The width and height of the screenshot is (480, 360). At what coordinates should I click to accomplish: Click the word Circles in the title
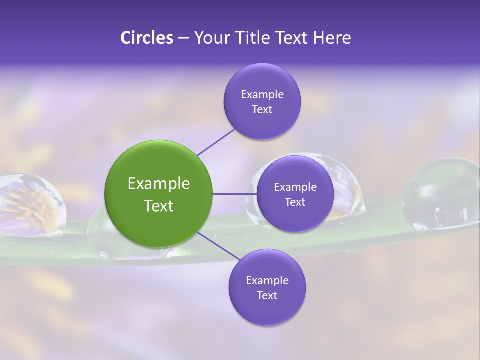point(147,38)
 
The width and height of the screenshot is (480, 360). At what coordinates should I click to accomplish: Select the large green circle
point(158,194)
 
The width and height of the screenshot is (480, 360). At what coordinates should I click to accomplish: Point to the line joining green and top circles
point(216,142)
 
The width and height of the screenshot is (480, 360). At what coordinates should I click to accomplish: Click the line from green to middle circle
point(234,194)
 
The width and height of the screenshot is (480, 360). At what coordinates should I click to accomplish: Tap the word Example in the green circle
point(158,184)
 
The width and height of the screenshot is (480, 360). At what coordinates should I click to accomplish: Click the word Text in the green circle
point(158,206)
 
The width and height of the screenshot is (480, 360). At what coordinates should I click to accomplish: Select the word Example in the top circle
point(262,95)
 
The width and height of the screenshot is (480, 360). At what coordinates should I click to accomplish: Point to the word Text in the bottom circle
point(267,295)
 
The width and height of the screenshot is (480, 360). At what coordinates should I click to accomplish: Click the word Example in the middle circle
point(295,187)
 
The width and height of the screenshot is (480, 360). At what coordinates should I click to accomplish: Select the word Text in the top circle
point(262,109)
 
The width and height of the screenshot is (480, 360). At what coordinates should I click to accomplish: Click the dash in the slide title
point(183,38)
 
